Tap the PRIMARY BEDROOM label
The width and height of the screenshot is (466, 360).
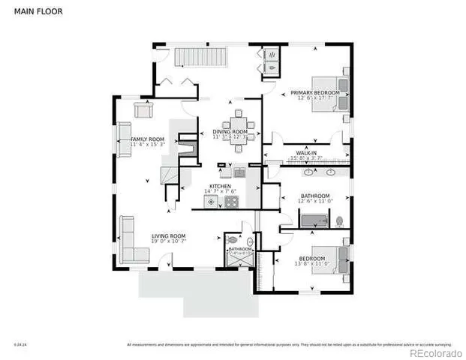coord(314,92)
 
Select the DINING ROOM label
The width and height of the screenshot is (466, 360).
coord(229,132)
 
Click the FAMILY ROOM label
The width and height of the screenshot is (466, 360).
coord(147,139)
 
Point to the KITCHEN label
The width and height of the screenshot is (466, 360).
coord(219,186)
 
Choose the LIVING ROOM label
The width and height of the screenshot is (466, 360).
coord(168,235)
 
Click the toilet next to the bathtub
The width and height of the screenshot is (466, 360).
coord(340,221)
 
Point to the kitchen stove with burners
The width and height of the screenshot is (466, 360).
coord(230,201)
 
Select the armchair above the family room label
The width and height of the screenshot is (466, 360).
coord(143,109)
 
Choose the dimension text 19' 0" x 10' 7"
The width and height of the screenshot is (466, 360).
coord(168,241)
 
